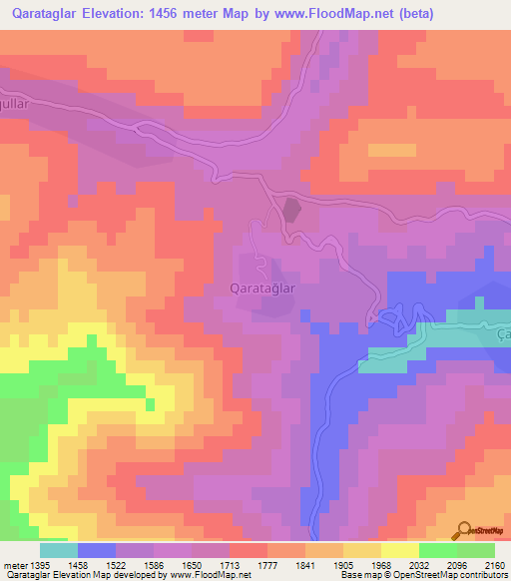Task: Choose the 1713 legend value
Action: [229, 565]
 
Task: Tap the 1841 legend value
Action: [304, 565]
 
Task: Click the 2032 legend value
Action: [418, 565]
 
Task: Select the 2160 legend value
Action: [493, 565]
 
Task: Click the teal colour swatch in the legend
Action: [58, 550]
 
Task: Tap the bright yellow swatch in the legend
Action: [399, 550]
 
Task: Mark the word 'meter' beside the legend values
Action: [13, 565]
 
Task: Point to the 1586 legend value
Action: [154, 565]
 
